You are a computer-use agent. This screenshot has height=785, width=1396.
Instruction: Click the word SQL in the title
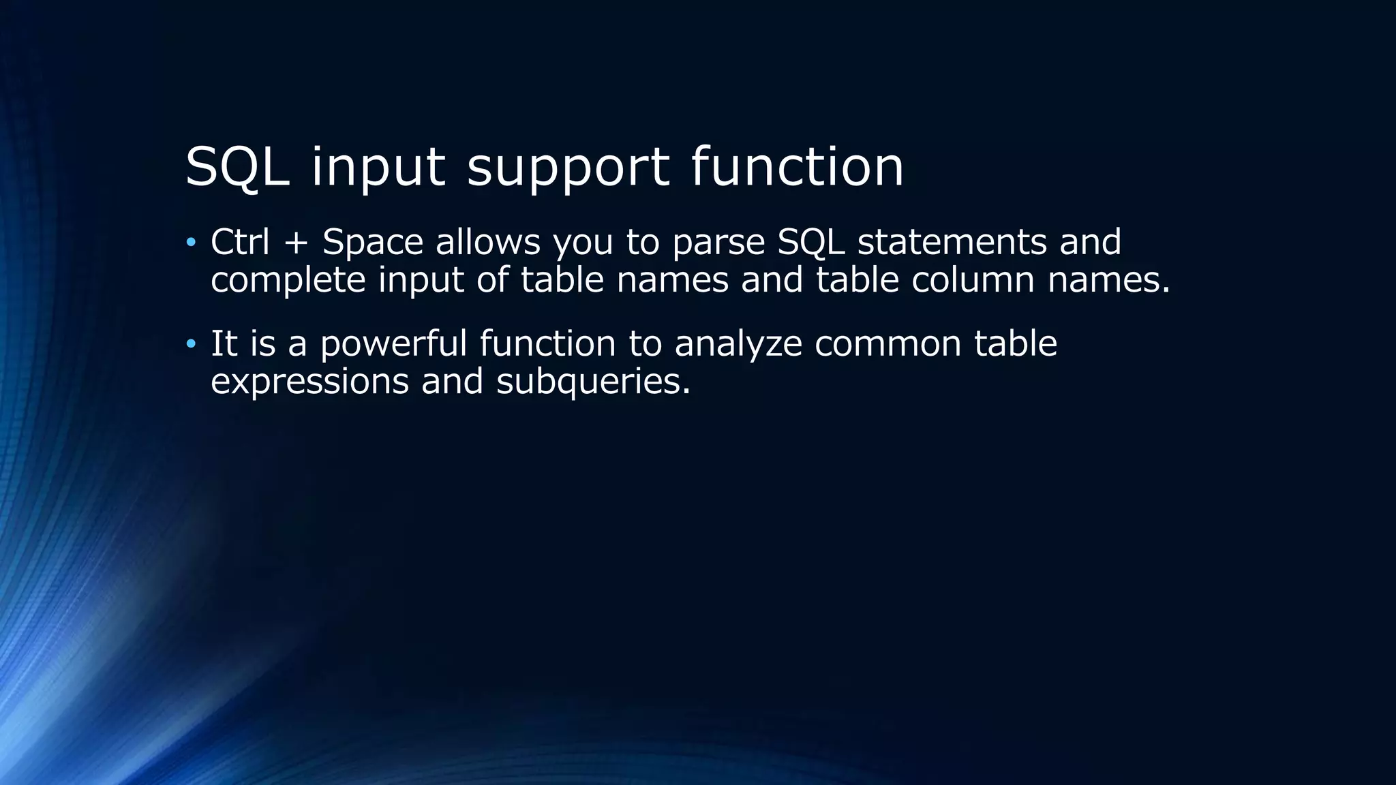pos(237,167)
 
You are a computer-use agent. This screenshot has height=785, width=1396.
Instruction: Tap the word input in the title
pos(378,167)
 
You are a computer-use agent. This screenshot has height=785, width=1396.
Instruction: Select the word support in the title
pos(568,167)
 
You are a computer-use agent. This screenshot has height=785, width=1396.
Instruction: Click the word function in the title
pos(797,167)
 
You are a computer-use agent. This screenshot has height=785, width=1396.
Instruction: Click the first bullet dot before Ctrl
pos(191,243)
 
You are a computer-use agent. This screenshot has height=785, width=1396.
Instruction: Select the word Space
pos(373,243)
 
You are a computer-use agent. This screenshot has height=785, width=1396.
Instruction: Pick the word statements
pos(952,242)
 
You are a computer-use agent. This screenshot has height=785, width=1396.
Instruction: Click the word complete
pos(288,281)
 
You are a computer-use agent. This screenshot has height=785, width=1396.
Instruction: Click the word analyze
pos(738,344)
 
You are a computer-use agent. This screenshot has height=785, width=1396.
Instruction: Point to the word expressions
pos(309,382)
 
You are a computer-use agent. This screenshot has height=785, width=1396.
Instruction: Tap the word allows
pos(488,242)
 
